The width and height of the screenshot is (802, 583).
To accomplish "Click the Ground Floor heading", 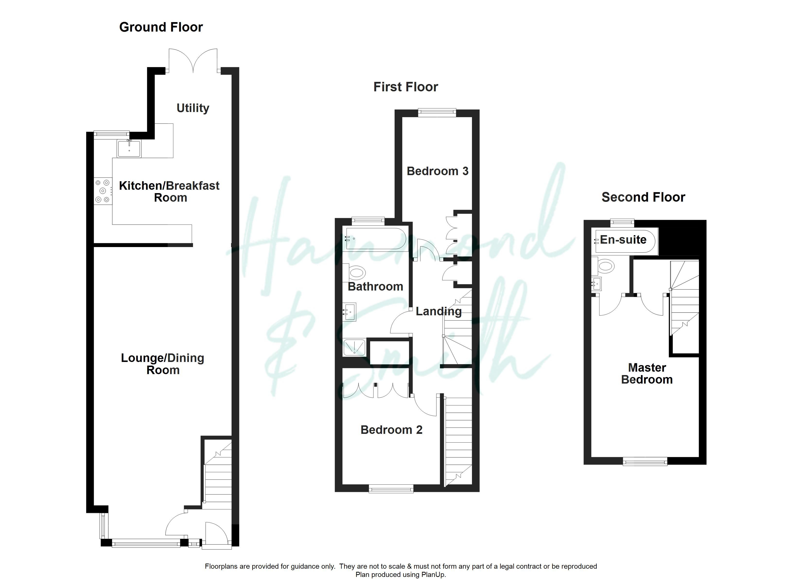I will (x=161, y=27).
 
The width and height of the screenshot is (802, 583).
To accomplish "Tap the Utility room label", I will (x=193, y=108).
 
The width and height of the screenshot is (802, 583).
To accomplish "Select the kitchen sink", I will (x=130, y=148).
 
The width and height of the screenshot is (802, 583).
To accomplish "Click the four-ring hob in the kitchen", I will (x=103, y=191).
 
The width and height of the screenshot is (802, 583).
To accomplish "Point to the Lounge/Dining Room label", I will (x=163, y=364).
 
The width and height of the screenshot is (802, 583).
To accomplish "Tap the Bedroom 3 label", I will (x=437, y=171).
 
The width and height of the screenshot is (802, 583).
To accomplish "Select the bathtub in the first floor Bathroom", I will (x=376, y=239).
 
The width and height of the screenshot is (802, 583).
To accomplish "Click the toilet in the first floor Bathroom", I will (x=356, y=273).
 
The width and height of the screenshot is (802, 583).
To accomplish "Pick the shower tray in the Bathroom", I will (x=354, y=347).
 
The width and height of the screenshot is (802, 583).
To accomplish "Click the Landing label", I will (x=438, y=311).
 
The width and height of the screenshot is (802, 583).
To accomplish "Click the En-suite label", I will (x=623, y=240).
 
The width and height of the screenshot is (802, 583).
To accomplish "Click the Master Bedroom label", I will (x=647, y=373).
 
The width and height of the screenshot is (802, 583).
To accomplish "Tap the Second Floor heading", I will (x=643, y=197).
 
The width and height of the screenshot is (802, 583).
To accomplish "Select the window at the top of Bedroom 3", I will (x=437, y=112).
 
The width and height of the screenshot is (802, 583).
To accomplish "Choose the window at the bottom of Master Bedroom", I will (x=645, y=461).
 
